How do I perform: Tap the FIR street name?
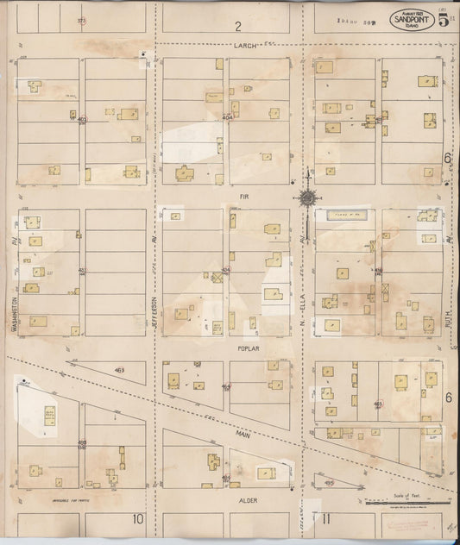(243, 197)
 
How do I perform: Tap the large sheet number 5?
(442, 19)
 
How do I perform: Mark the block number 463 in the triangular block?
(118, 370)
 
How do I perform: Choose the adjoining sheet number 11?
(325, 517)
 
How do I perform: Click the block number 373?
(81, 19)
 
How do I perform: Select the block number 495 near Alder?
(329, 484)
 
